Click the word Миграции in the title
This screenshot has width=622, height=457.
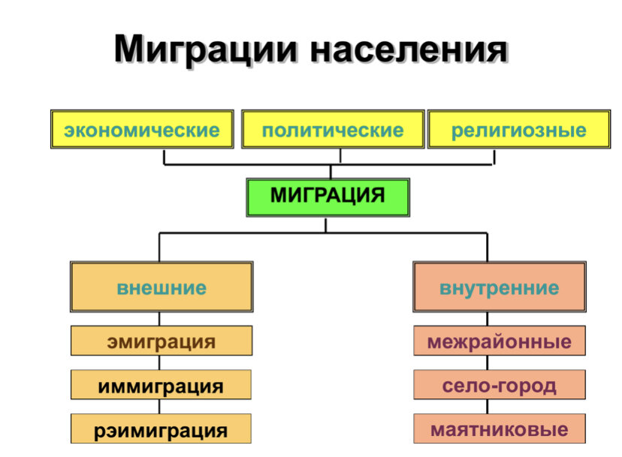pos(206,50)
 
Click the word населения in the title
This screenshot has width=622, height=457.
pos(409,50)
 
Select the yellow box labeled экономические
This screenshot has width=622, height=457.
pos(142,130)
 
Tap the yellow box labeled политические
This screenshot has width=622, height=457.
pos(333,130)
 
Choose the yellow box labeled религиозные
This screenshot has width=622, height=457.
pos(519,130)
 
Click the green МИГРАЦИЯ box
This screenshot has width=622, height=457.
pos(328,197)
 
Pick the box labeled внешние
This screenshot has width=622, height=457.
pos(162,287)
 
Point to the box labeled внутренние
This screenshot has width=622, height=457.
pos(500,287)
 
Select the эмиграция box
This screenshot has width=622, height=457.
pos(162,341)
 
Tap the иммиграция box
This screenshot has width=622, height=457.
pos(161,384)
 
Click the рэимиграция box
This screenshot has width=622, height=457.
pos(161,428)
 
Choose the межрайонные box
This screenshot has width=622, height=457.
pos(500,341)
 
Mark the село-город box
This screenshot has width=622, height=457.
pos(500,384)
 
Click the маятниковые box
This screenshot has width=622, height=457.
pos(500,428)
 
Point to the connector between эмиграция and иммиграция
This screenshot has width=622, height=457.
pos(159,362)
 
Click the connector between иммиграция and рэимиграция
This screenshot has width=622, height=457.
pos(159,407)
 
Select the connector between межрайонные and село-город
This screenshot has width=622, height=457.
pos(487,362)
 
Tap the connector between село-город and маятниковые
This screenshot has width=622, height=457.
pos(487,407)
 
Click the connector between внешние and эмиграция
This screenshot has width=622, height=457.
pos(159,319)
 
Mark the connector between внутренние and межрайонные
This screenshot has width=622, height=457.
pos(487,319)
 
